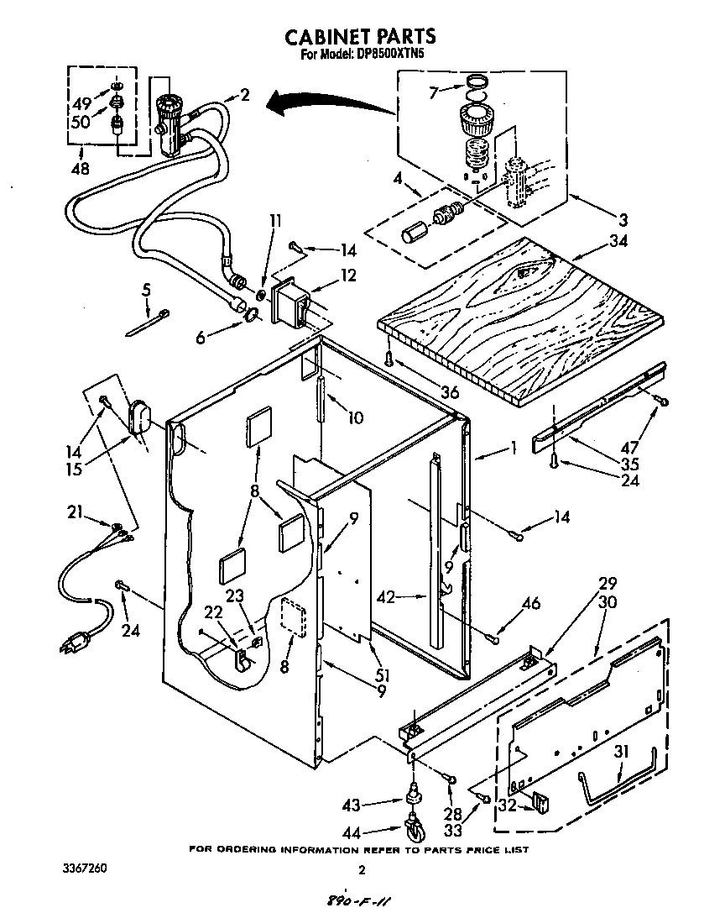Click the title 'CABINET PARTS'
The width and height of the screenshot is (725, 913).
pyautogui.click(x=361, y=36)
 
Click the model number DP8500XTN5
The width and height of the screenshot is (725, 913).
pyautogui.click(x=389, y=55)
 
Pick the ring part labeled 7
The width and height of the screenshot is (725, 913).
pyautogui.click(x=476, y=81)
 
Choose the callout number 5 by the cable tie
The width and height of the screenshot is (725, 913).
pyautogui.click(x=147, y=289)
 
